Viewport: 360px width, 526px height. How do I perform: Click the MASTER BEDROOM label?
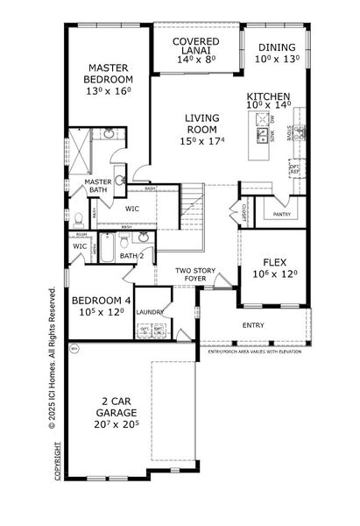tap(106, 74)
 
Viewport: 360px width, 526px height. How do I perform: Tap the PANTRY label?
tap(281, 214)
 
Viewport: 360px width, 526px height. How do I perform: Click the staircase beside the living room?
tap(191, 210)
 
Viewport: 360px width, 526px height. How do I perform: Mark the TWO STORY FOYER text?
tap(195, 275)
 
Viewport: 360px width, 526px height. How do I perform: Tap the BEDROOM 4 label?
tap(100, 300)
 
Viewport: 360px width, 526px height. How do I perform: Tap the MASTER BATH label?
tap(95, 187)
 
